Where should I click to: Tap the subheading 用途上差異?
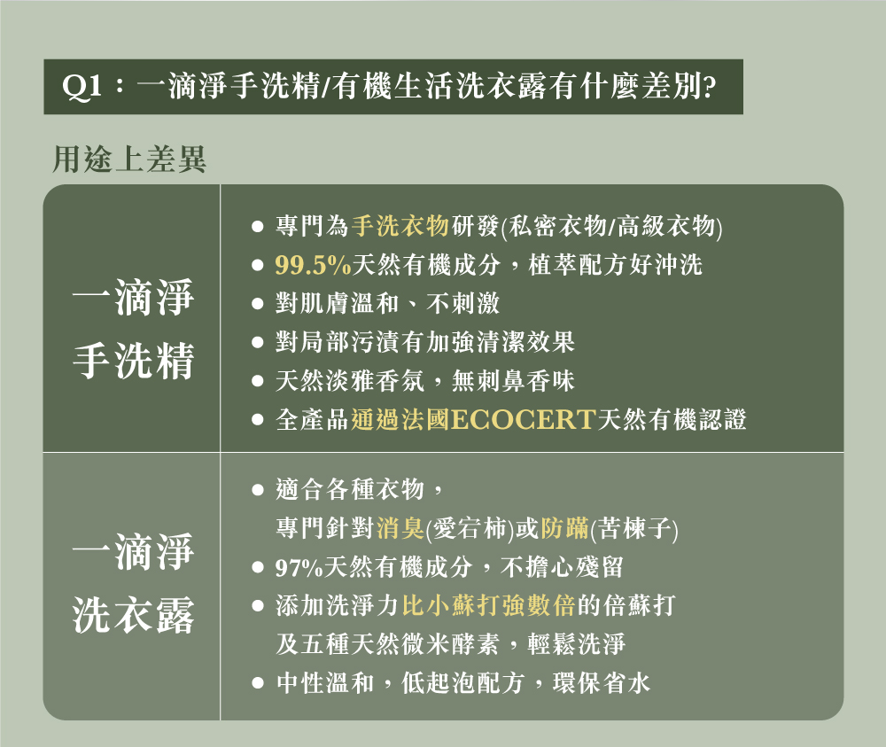tap(129, 159)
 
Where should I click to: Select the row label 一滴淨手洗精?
tap(133, 330)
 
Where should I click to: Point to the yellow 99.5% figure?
tap(314, 265)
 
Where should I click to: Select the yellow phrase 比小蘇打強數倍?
tap(487, 606)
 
